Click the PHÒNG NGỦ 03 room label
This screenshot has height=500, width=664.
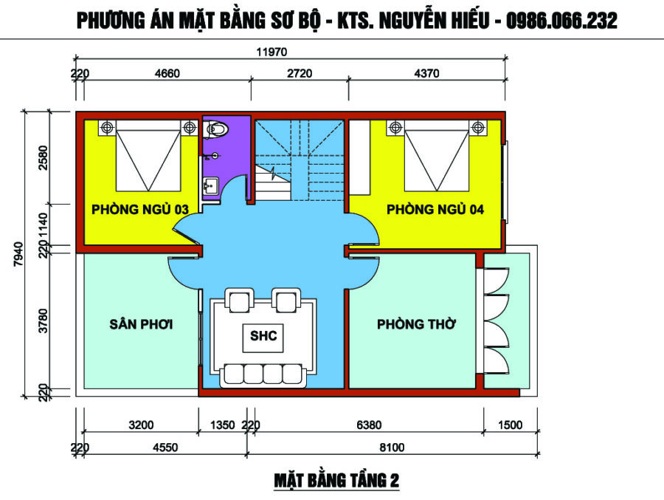pos(139,209)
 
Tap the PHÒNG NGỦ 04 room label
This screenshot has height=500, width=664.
pos(435,209)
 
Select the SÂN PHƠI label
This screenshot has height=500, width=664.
pos(141,324)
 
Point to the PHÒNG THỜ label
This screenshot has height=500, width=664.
pos(416,324)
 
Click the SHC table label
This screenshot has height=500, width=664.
pos(263,336)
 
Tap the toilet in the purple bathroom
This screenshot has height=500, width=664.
pos(216,129)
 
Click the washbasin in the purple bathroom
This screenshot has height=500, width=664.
pos(210,186)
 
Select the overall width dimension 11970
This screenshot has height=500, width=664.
pos(272,52)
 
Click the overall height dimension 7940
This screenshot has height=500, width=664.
pos(18,253)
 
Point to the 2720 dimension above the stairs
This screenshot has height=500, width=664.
pos(300,73)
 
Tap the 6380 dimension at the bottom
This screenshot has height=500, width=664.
pos(369,425)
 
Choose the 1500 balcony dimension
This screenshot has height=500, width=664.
pos(510,425)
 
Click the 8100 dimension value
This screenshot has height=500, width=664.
pos(392,448)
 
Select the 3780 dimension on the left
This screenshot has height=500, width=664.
pos(44,321)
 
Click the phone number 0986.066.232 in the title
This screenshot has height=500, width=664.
pos(561,21)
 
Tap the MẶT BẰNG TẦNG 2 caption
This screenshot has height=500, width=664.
pos(336,481)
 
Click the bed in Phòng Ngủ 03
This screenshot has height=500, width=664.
pos(148,156)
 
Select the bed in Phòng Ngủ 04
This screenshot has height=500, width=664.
pos(437,156)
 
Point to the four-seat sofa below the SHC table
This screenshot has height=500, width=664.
pos(263,375)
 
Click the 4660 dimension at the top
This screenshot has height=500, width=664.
pos(167,73)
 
